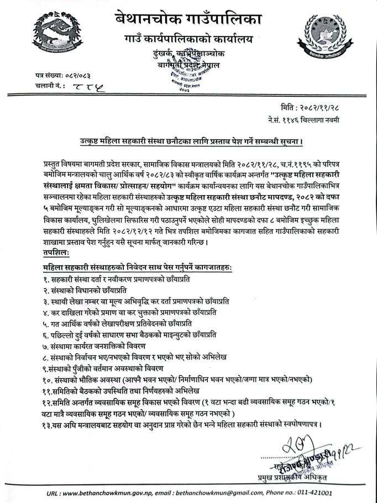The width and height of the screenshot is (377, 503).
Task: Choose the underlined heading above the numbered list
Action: [x=138, y=268]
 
